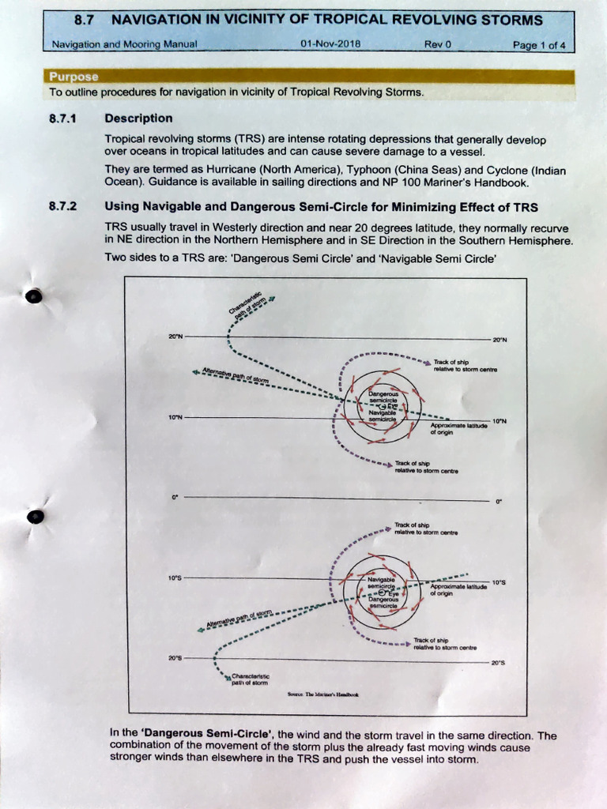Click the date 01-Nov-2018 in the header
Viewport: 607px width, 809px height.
pos(330,44)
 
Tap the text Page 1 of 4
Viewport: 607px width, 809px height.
pos(539,45)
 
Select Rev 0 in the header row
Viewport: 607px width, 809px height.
pos(437,44)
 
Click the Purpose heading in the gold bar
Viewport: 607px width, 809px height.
pos(74,77)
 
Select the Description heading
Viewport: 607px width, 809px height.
pos(138,119)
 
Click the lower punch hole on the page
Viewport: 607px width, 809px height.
pos(36,517)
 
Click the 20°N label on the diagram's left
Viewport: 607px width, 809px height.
pos(175,337)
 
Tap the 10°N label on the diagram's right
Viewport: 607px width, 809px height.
pos(500,421)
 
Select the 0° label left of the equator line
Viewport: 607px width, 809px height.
pos(175,498)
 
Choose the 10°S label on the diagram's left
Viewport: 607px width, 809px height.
pos(175,578)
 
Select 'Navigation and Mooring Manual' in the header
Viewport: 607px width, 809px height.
pos(124,45)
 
